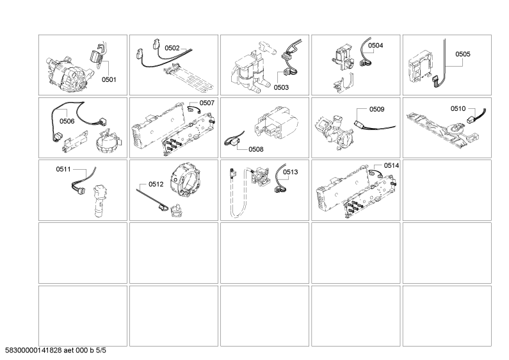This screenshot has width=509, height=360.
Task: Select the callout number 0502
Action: [172, 47]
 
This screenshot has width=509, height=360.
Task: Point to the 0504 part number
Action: [376, 45]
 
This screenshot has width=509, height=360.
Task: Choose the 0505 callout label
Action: [463, 55]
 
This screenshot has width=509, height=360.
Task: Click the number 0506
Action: [67, 120]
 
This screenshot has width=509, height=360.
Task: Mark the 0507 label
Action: [207, 102]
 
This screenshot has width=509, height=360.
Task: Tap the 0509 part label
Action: [376, 110]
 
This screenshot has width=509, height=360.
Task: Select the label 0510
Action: [458, 108]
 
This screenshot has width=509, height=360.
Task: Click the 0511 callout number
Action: [65, 170]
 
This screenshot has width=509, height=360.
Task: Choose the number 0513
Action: [290, 172]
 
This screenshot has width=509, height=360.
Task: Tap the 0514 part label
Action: [391, 165]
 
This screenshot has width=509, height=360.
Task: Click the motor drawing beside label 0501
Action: [65, 70]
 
